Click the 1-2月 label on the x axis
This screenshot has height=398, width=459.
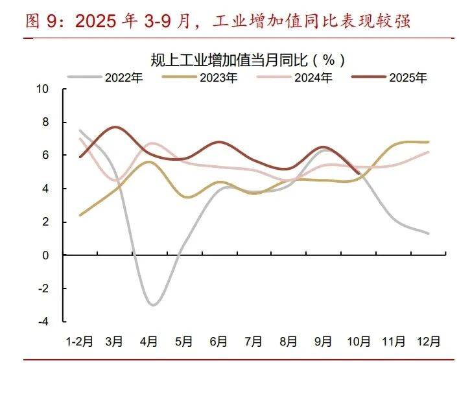(80, 341)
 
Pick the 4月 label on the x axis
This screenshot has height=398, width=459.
(150, 341)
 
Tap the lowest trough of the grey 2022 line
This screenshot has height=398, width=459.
(152, 305)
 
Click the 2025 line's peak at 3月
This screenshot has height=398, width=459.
(115, 127)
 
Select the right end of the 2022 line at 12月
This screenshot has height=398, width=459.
(429, 233)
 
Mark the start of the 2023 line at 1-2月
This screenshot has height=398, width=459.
(80, 215)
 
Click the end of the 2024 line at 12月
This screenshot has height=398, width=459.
(429, 152)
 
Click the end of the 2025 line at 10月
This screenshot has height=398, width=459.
(359, 173)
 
